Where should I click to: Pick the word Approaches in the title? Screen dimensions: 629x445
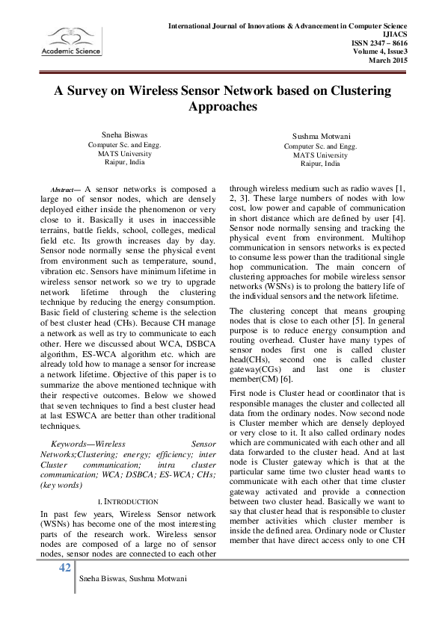pos(223,107)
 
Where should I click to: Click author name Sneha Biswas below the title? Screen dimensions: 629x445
pos(124,136)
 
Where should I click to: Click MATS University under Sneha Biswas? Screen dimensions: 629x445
pos(124,152)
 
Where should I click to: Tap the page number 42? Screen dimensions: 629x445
pos(65,568)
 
